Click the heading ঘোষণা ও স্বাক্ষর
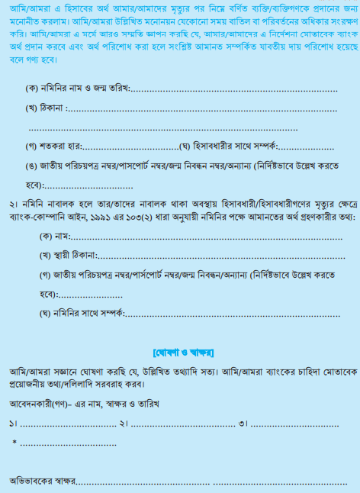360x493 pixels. pos(182,353)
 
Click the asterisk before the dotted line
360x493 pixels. pos(14,443)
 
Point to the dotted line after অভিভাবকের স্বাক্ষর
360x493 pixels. pos(206,482)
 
